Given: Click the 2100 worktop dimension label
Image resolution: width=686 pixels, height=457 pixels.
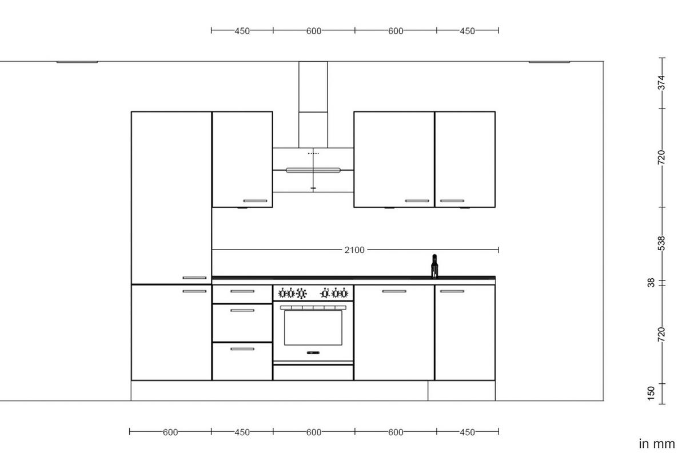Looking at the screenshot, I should click(354, 250).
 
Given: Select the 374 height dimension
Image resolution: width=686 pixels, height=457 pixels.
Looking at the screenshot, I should click(661, 82).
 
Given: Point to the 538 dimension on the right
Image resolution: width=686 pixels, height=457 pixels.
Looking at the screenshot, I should click(661, 243).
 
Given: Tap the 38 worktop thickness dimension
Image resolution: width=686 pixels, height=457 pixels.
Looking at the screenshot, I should click(651, 282).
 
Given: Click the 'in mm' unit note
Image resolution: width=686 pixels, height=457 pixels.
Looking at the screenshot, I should click(657, 443).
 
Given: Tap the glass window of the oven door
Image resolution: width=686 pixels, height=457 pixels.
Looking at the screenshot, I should click(313, 327).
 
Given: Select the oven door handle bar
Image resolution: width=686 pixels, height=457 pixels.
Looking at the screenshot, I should click(313, 307).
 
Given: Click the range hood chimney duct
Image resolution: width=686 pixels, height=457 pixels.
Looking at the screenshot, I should click(313, 103).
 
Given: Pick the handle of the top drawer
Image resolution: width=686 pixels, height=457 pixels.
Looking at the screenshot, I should click(242, 291).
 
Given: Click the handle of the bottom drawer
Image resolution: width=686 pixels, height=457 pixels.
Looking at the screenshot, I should click(242, 348).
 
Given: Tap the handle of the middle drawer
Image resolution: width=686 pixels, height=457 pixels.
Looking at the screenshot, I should click(242, 310).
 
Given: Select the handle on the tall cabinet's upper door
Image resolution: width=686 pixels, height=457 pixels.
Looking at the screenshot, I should click(194, 278).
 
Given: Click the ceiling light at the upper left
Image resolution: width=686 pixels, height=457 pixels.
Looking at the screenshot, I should click(77, 62).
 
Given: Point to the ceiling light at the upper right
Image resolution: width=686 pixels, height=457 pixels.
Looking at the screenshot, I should click(549, 62).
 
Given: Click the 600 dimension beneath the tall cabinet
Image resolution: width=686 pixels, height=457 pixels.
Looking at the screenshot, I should click(170, 432).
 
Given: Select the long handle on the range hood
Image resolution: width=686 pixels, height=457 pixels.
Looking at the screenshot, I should click(313, 170).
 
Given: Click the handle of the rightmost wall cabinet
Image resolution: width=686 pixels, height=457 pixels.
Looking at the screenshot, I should click(452, 201).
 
